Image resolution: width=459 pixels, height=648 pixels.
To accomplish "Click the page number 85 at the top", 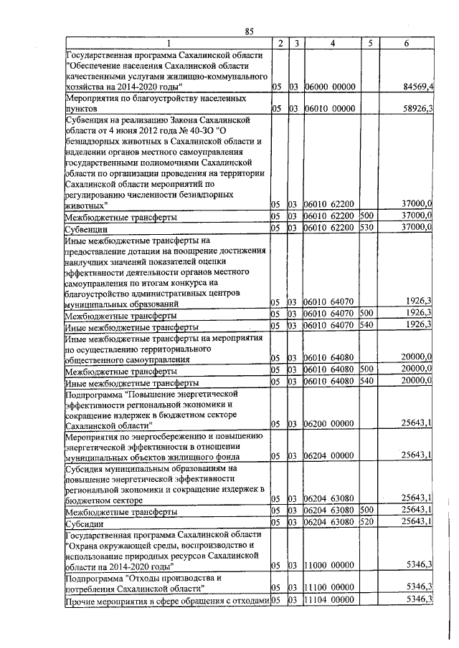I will [x=250, y=30].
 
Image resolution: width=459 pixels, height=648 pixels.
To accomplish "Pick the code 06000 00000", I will [x=330, y=87].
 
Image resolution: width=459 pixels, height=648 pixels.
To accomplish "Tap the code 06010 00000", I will [x=330, y=109].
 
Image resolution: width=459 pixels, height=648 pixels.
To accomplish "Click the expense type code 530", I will [x=367, y=227].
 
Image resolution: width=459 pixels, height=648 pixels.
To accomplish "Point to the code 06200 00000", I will [x=330, y=423].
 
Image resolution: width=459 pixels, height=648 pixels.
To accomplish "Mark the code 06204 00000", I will [x=330, y=455].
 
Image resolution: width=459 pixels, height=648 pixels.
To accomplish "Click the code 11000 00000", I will [x=330, y=565].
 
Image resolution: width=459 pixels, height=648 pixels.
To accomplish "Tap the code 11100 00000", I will [x=330, y=587].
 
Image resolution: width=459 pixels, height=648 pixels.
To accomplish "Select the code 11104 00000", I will [x=330, y=599].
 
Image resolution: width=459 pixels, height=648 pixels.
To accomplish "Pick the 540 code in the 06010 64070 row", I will [x=367, y=325].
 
